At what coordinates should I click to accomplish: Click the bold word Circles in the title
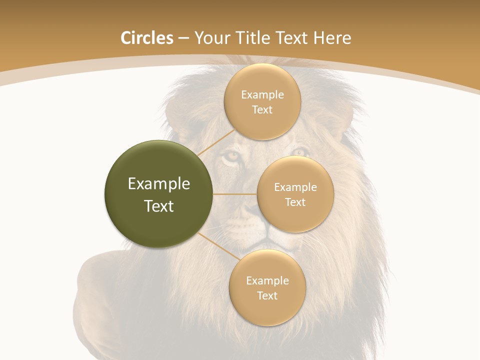[x=146, y=38]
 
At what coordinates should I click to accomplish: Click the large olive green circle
[x=159, y=194]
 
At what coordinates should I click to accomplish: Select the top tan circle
[x=262, y=102]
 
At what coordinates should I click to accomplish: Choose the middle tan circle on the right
[x=295, y=194]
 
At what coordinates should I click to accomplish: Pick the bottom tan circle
[x=267, y=287]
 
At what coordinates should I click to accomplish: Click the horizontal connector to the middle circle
[x=235, y=194]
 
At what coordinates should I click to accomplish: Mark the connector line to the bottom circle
[x=218, y=246]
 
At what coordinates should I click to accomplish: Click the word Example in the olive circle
[x=159, y=184]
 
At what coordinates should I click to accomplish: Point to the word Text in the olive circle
[x=159, y=205]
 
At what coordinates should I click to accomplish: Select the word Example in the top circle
[x=262, y=95]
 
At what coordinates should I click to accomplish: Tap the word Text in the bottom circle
[x=267, y=295]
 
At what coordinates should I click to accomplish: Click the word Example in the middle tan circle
[x=295, y=187]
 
